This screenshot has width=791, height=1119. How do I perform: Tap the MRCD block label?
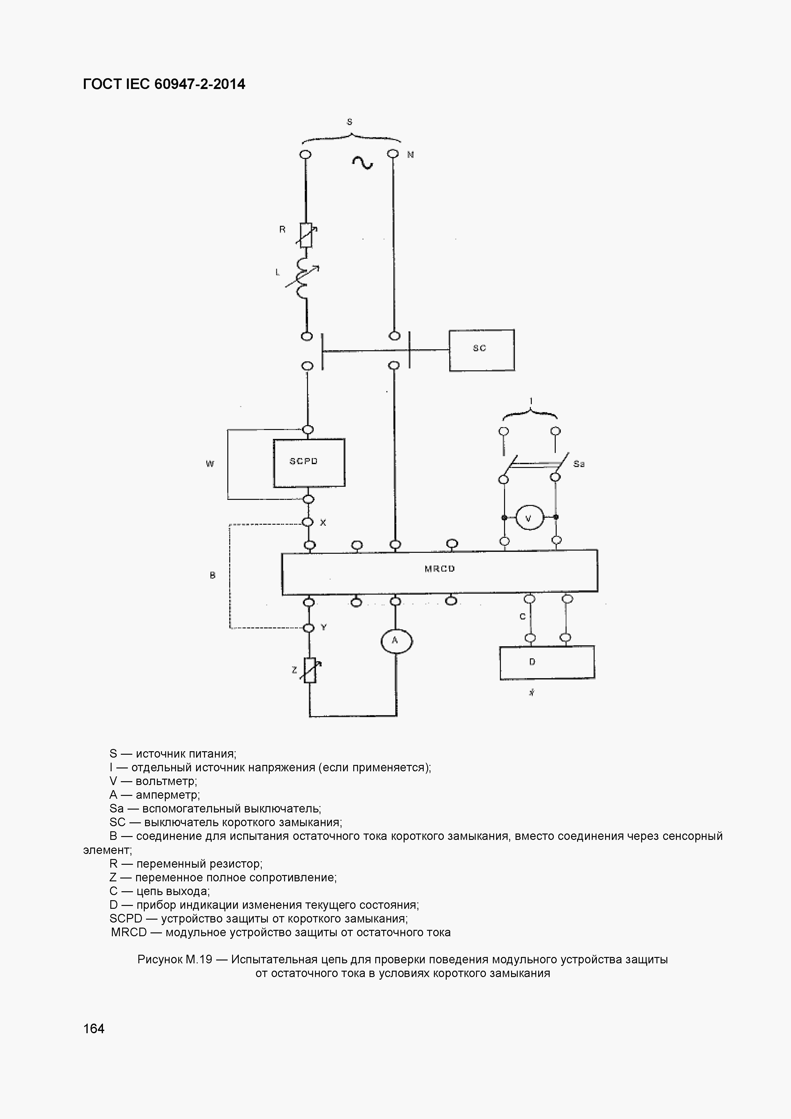[x=440, y=569]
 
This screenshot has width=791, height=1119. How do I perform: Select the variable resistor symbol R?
[x=306, y=235]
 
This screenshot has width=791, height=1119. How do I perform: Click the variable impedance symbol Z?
[x=310, y=670]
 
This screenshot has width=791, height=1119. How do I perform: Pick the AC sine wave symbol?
[x=363, y=162]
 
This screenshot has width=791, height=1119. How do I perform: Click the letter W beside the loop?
[x=210, y=464]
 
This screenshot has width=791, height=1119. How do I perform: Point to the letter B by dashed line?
[x=212, y=575]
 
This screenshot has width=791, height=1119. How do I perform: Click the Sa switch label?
[x=579, y=464]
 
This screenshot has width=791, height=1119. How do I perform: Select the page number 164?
[x=94, y=1028]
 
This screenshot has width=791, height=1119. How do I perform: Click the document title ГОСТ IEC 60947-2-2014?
[x=164, y=84]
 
